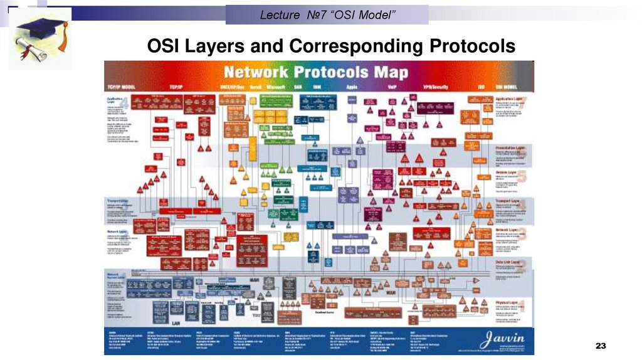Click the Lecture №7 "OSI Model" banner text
tap(327, 14)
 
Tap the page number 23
tap(601, 347)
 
